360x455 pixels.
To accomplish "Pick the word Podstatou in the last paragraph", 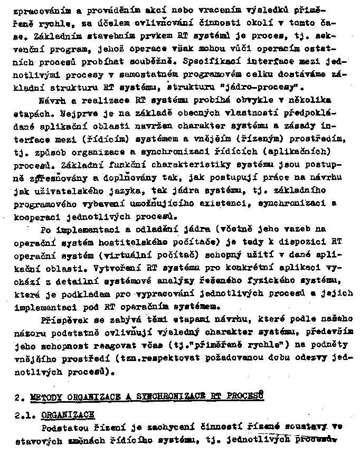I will point(63,427).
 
